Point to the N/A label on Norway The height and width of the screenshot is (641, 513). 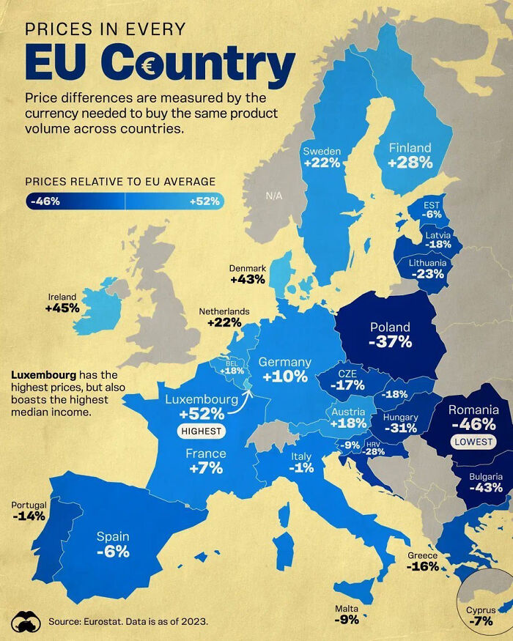coord(274,196)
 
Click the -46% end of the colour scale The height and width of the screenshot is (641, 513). coord(45,201)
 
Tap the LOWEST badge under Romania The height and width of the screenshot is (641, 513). coord(473,442)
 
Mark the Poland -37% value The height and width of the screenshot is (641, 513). coord(390,341)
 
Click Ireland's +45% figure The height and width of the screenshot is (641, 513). coord(62,308)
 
